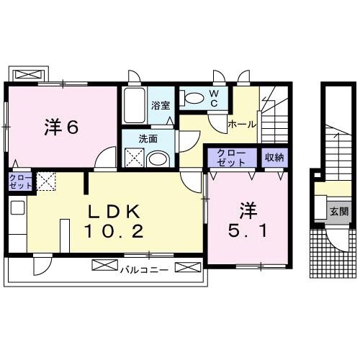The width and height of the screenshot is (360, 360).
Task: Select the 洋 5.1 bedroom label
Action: pyautogui.click(x=248, y=222)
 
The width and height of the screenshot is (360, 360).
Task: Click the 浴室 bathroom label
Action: pyautogui.click(x=160, y=106)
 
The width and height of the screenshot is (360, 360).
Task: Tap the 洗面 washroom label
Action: pyautogui.click(x=148, y=138)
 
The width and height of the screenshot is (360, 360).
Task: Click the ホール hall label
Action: pyautogui.click(x=241, y=124)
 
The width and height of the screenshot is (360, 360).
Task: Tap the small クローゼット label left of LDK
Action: pyautogui.click(x=20, y=181)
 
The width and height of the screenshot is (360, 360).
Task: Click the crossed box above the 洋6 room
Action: pyautogui.click(x=29, y=74)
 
